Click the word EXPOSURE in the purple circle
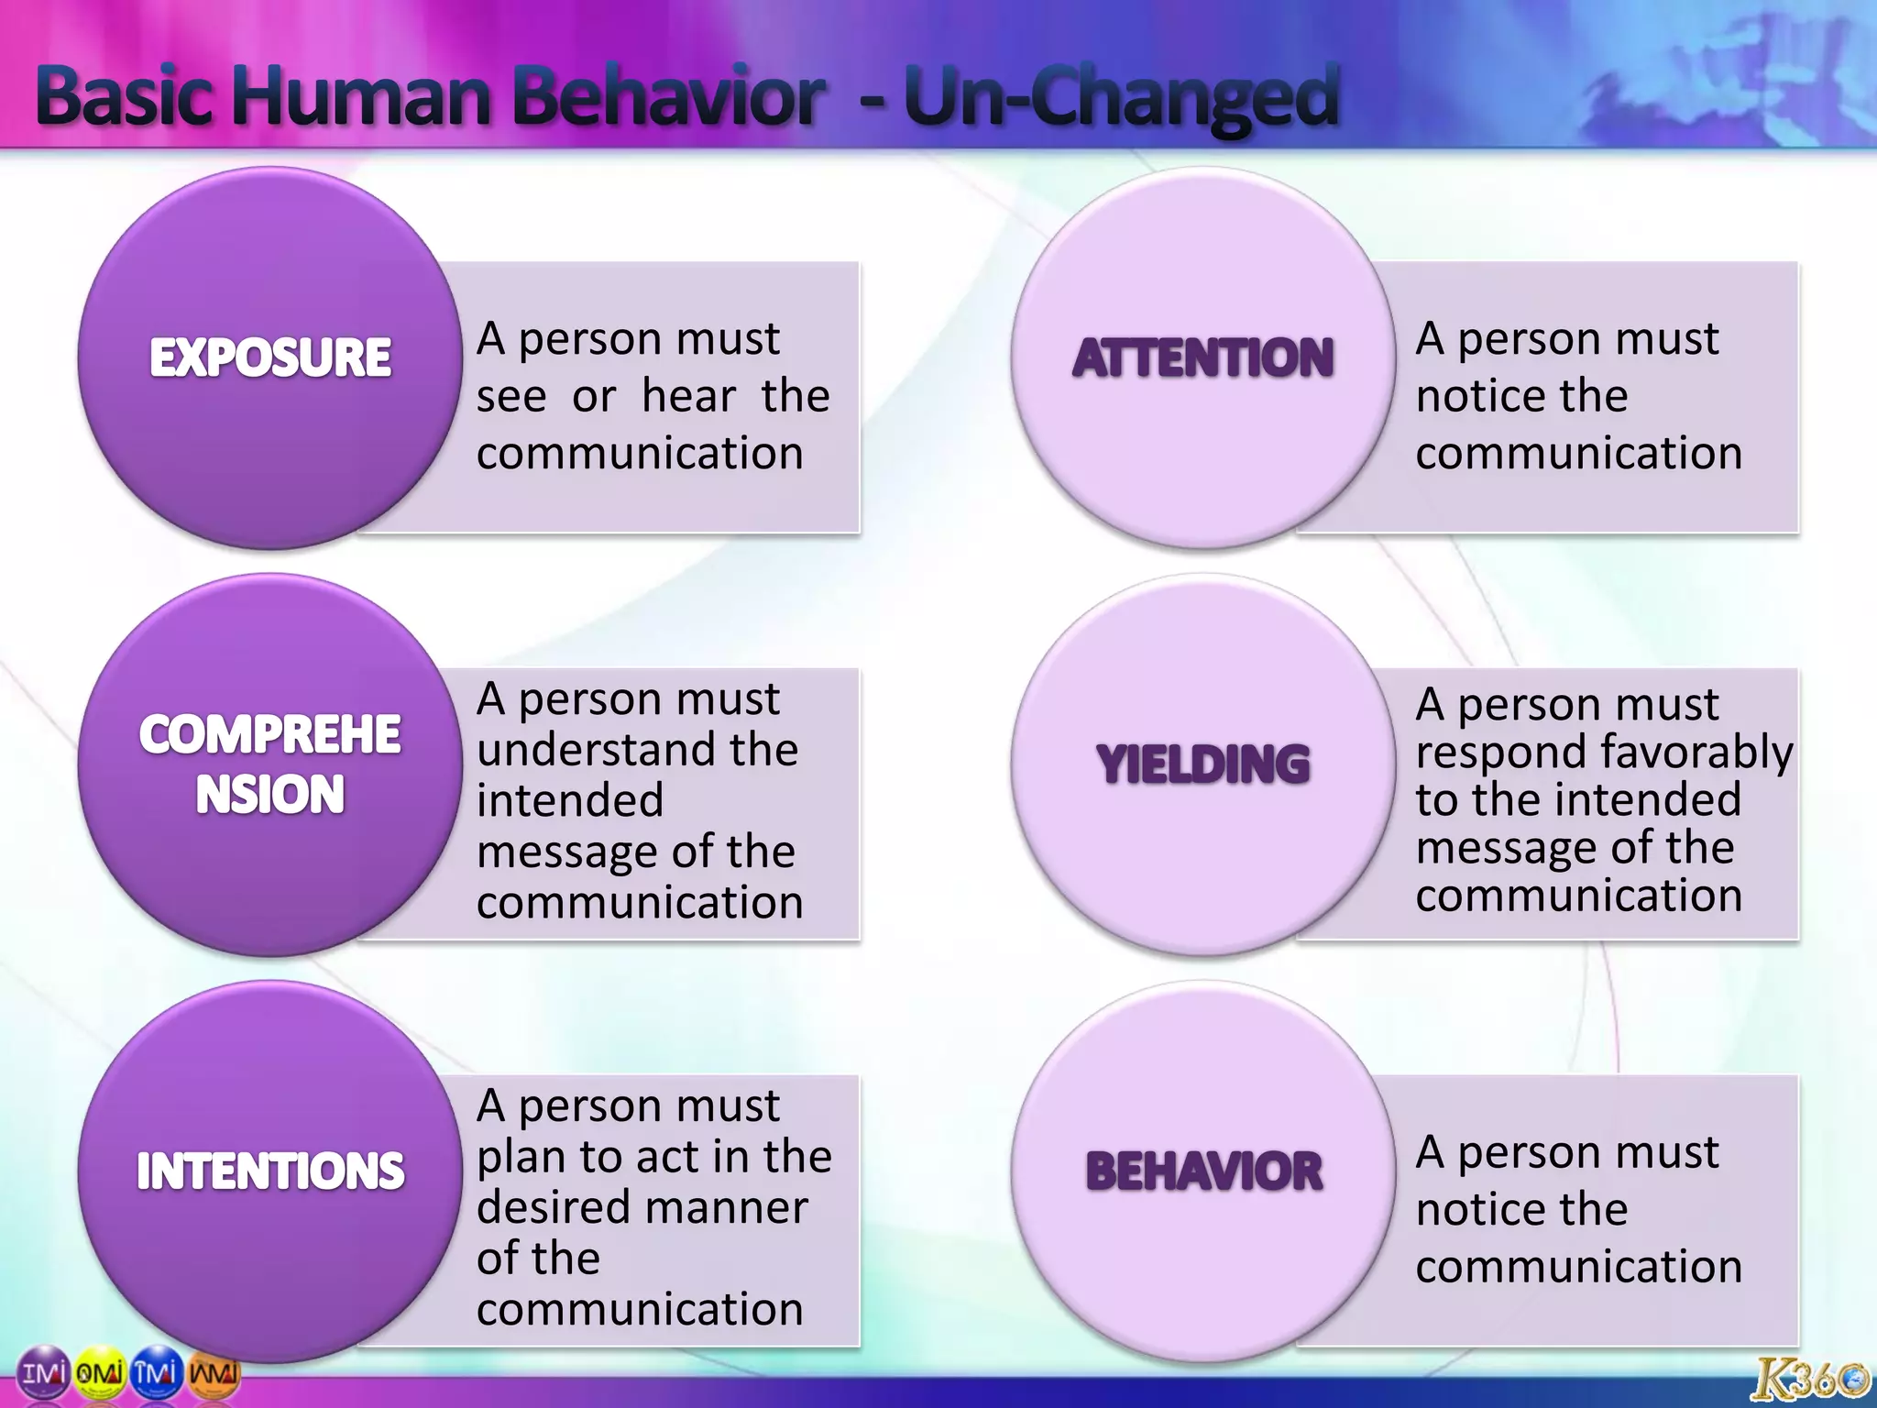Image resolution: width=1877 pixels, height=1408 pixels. click(270, 357)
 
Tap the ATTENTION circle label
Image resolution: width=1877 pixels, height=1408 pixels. click(1202, 357)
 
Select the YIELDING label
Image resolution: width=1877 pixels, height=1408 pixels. click(1202, 764)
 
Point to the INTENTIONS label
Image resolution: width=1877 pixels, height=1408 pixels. click(270, 1171)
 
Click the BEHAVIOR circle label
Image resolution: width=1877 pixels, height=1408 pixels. click(1202, 1171)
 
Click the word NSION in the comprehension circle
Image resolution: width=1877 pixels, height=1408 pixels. click(270, 794)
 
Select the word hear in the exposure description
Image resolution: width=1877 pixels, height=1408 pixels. click(688, 396)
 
